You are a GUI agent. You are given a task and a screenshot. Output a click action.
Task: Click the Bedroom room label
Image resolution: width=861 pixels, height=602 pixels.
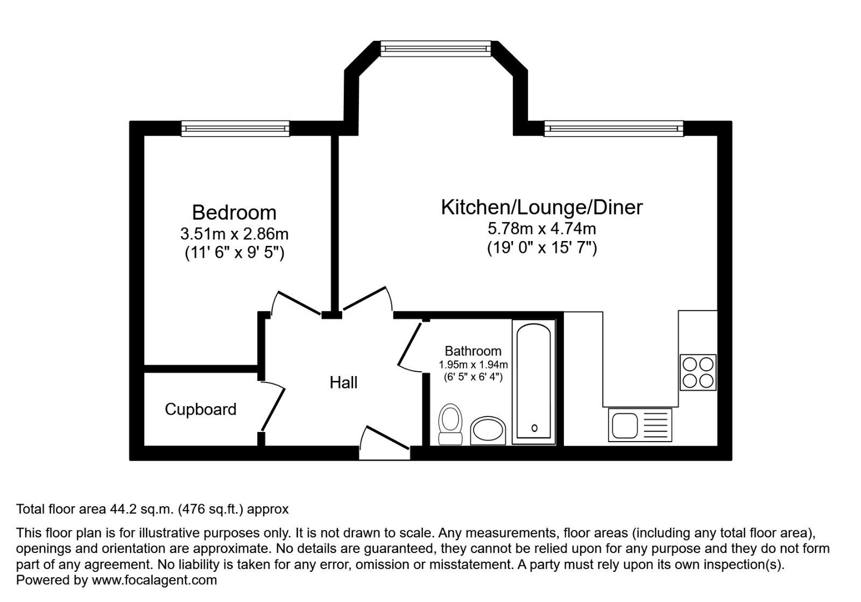coord(234,213)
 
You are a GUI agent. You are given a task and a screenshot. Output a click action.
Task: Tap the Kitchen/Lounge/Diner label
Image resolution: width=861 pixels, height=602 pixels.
coord(541,208)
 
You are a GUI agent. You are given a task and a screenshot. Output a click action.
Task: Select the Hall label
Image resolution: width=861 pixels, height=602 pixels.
coord(343,383)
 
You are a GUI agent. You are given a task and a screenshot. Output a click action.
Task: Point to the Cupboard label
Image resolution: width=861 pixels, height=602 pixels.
coord(200,409)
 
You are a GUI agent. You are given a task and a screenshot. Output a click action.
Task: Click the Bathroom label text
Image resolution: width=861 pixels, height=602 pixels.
coord(473,351)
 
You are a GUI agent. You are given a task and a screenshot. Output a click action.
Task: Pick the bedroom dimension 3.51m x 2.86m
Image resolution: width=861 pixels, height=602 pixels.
coord(234,233)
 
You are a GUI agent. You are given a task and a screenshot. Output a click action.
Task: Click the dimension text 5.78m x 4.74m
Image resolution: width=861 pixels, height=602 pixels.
coord(541,229)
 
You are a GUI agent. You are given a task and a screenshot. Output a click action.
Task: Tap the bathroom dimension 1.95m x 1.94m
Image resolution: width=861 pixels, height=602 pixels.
coord(473,364)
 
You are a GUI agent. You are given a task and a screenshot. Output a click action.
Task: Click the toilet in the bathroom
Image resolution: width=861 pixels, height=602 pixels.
coord(450,424)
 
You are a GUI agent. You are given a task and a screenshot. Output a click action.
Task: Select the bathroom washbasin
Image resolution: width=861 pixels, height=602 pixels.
coord(488,431)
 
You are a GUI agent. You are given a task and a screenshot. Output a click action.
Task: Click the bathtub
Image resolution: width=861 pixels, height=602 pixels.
coord(534,383)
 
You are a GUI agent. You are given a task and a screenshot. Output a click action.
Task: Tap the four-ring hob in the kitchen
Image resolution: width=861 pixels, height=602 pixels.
coord(698,373)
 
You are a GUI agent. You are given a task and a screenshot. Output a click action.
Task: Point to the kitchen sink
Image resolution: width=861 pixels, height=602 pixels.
coord(640,425)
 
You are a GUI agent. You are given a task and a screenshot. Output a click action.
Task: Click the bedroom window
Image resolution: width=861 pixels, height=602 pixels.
coord(235,129)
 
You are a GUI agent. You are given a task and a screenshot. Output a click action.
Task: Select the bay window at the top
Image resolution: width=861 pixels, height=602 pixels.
coord(435,49)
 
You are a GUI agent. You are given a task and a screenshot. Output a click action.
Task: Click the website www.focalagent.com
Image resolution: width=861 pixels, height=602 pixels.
coord(154,580)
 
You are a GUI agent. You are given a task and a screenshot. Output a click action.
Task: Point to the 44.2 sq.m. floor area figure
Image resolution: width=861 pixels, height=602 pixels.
coord(142,509)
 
